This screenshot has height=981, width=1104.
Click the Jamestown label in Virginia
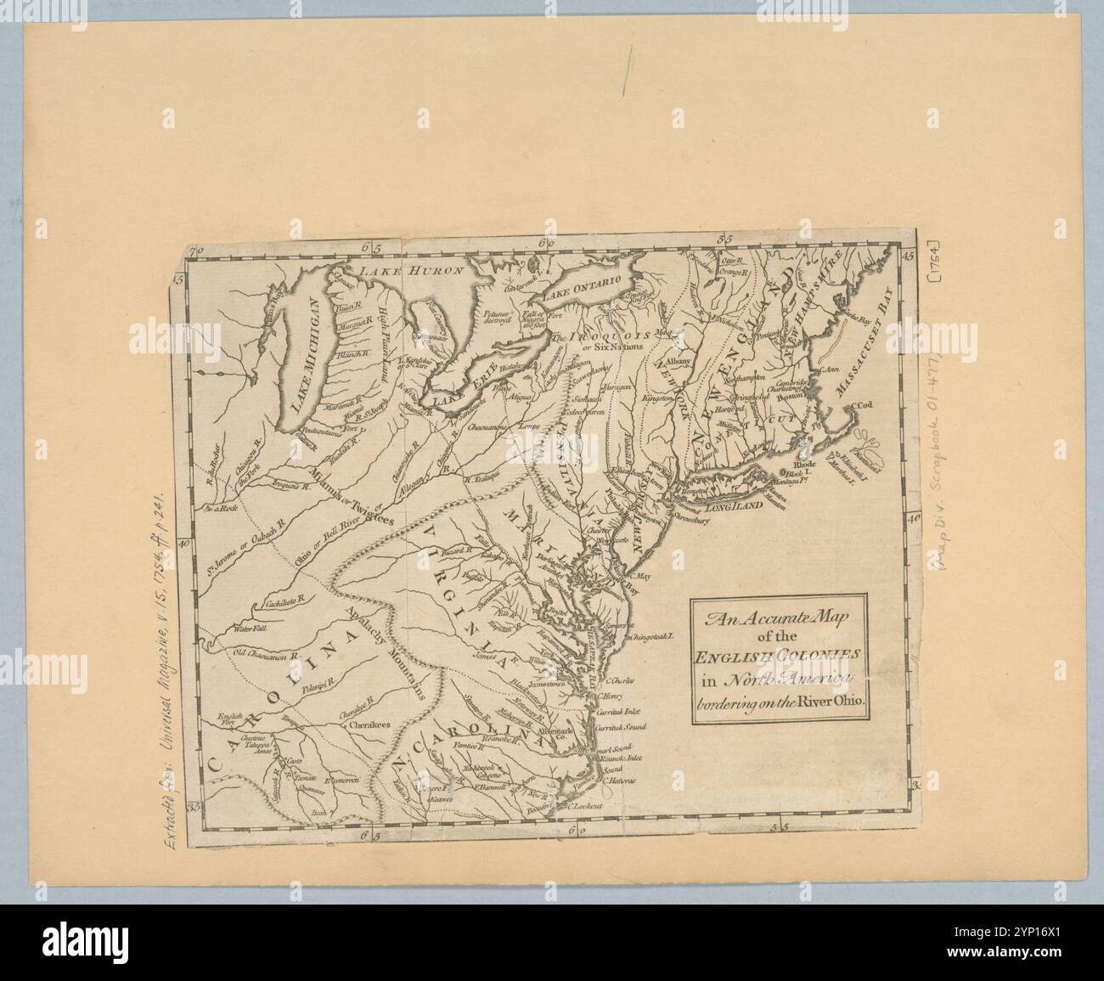(x=545, y=684)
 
